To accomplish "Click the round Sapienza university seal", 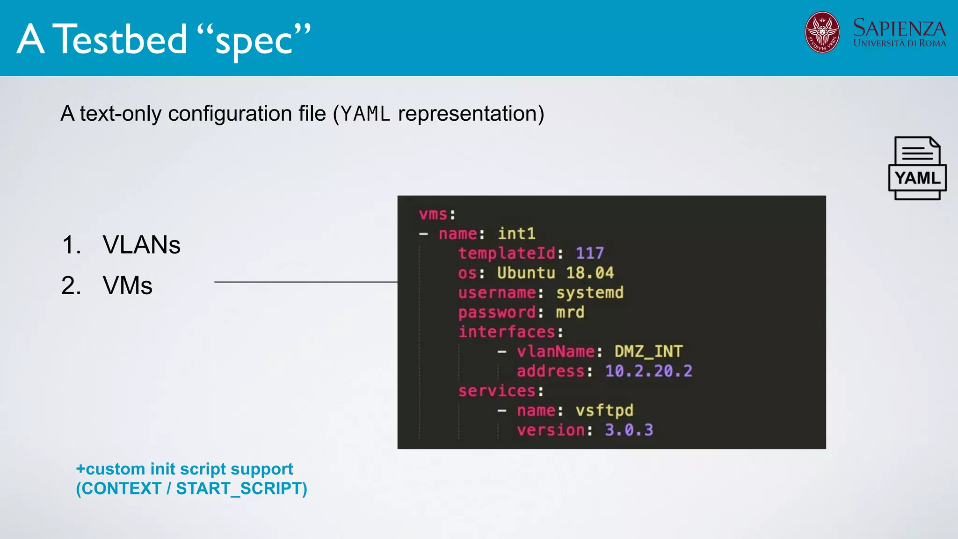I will click(822, 32).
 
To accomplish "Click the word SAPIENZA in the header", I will click(899, 29).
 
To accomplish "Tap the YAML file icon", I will click(917, 168).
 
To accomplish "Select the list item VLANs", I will click(141, 245).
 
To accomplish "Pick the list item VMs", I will click(127, 285).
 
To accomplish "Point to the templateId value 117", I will click(589, 253).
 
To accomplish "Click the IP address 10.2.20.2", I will click(648, 371).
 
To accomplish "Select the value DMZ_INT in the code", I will click(648, 351).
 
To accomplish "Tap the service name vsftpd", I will click(604, 410).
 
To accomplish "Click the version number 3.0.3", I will click(629, 430).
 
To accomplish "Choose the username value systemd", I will click(589, 292).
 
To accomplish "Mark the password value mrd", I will click(570, 312).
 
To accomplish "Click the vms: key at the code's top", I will click(437, 214).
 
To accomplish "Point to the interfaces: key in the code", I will click(511, 332).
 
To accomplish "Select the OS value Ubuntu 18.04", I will click(555, 273).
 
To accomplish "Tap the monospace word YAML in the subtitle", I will click(365, 114).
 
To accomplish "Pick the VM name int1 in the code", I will click(516, 233).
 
